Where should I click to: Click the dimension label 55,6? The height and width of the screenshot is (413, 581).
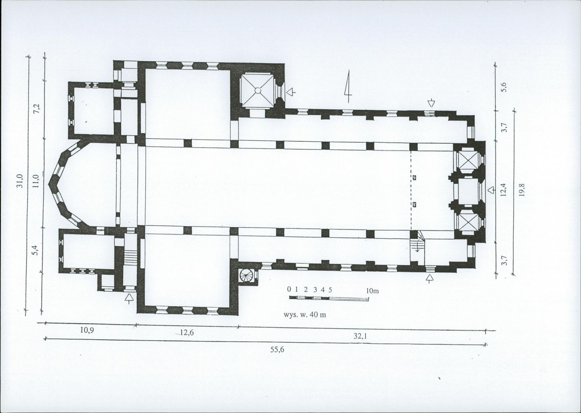click(x=277, y=349)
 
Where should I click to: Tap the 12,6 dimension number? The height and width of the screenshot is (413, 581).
click(x=187, y=333)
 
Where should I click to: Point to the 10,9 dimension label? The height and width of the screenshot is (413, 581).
click(x=87, y=330)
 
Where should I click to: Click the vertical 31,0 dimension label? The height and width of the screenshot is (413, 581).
click(x=20, y=181)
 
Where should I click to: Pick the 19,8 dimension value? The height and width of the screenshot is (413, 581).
click(x=522, y=190)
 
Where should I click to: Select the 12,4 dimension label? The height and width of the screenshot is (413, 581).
click(x=503, y=190)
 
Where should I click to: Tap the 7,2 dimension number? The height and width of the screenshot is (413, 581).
click(x=36, y=109)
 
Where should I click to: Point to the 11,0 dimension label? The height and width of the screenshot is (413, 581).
click(x=36, y=181)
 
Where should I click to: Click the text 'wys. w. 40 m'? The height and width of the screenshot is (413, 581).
click(x=305, y=314)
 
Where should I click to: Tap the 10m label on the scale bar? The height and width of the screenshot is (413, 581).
click(x=372, y=291)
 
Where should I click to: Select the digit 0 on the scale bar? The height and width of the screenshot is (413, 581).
click(x=289, y=289)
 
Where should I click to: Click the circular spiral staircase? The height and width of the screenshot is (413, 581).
click(x=247, y=275)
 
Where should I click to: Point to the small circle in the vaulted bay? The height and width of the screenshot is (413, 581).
click(x=258, y=91)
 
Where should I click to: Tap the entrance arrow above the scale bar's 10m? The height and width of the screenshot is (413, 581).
click(x=430, y=279)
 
